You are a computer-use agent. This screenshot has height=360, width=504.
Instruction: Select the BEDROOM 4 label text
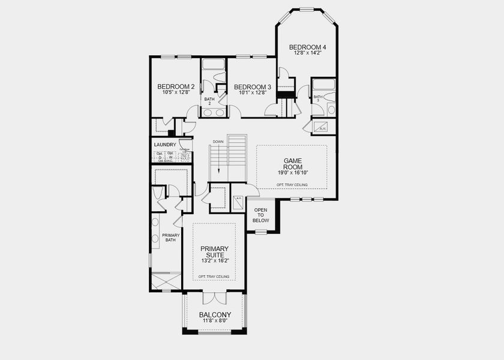point(308,47)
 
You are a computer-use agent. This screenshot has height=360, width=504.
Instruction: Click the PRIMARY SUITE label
point(214,251)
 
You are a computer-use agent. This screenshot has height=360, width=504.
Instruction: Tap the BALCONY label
point(215,314)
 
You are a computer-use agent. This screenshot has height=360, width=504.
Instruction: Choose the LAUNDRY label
point(164,145)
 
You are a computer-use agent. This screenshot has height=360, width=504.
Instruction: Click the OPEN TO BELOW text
point(260,215)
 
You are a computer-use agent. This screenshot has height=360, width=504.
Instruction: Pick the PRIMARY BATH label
point(170,238)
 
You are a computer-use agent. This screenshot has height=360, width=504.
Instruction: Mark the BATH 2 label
point(209,101)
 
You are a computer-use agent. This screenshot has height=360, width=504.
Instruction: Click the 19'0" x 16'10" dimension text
point(292,173)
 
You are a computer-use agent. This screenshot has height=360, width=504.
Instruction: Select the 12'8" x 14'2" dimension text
point(308,53)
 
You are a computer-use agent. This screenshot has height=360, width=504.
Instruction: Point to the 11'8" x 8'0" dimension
point(215,321)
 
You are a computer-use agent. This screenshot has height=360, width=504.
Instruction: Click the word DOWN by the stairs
point(218,142)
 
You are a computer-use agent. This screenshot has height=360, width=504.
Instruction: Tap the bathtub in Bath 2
point(213,65)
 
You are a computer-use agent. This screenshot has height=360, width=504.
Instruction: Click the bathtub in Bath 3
point(323,85)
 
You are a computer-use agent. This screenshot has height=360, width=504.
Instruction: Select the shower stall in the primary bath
point(166,281)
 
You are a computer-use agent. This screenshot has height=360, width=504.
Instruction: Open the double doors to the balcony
point(214,298)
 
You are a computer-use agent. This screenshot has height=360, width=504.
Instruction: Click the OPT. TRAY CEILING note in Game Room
point(292,184)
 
